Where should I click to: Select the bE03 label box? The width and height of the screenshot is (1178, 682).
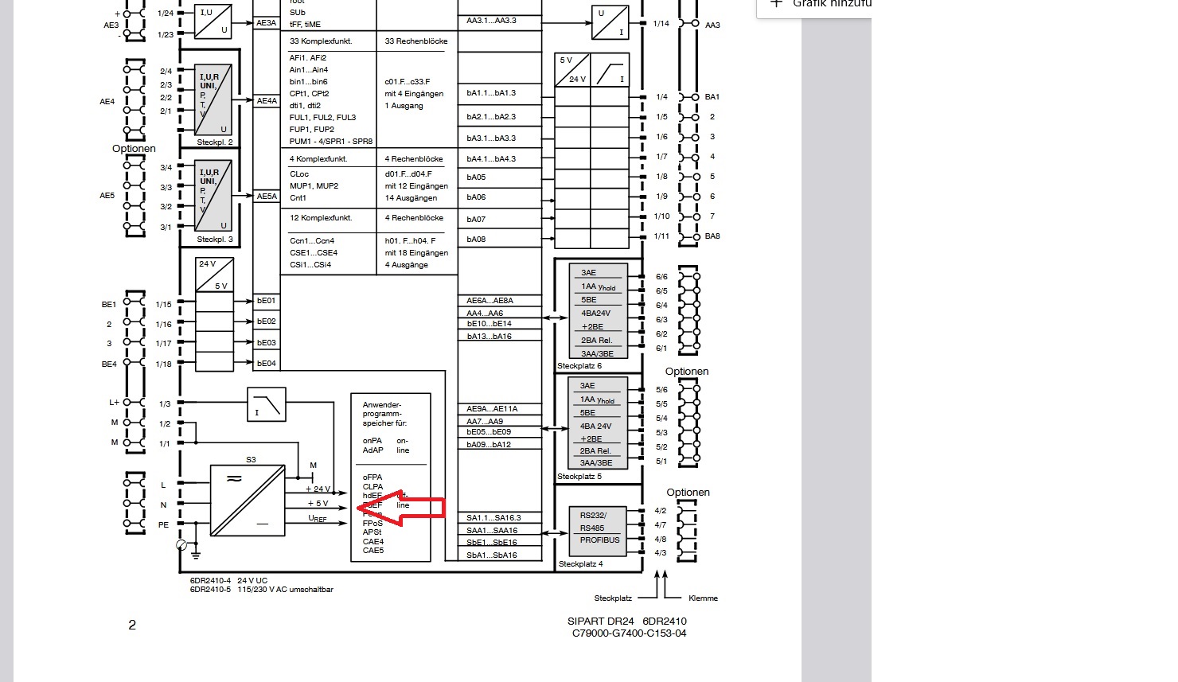click(266, 343)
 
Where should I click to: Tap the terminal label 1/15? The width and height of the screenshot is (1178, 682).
click(164, 305)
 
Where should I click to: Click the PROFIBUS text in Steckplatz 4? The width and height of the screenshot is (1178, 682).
click(599, 540)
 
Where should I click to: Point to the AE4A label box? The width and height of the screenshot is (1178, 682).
click(267, 101)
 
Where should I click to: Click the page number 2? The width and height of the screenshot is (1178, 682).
click(132, 625)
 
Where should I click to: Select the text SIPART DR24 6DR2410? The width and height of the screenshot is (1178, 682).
click(626, 622)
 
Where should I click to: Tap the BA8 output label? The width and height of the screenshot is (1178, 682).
click(712, 236)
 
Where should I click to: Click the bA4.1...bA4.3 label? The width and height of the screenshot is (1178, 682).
click(491, 159)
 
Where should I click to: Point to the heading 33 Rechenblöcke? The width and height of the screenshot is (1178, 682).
click(416, 41)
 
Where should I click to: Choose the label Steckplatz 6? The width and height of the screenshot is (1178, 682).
click(579, 366)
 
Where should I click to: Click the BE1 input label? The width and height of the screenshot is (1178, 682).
click(109, 305)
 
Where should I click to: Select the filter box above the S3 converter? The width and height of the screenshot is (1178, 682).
click(266, 403)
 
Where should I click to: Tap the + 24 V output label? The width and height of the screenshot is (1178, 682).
click(318, 489)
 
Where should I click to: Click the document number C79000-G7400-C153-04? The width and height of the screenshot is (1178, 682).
click(629, 633)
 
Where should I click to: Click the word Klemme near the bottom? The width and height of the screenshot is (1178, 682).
click(703, 598)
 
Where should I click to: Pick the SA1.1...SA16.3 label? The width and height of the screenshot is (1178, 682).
click(492, 518)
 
